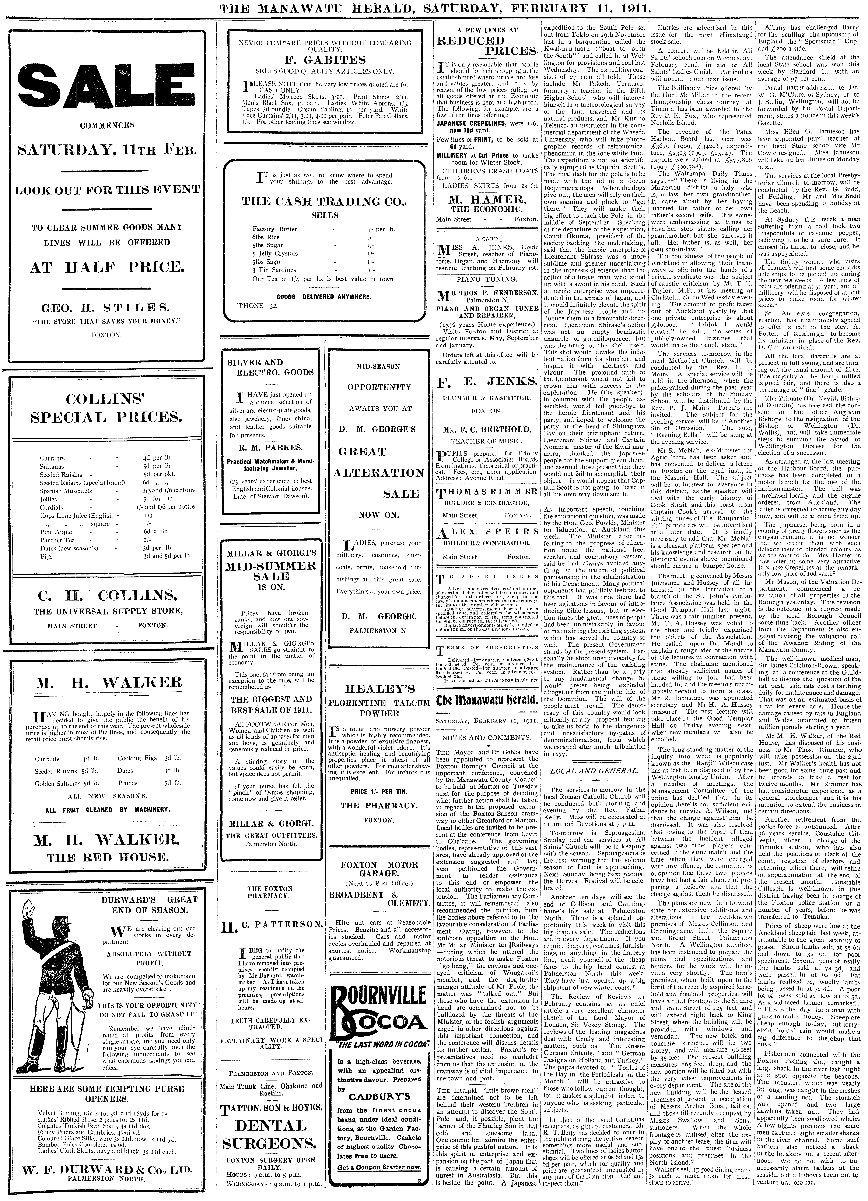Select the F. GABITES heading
325,60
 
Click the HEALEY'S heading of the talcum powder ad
378,689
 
